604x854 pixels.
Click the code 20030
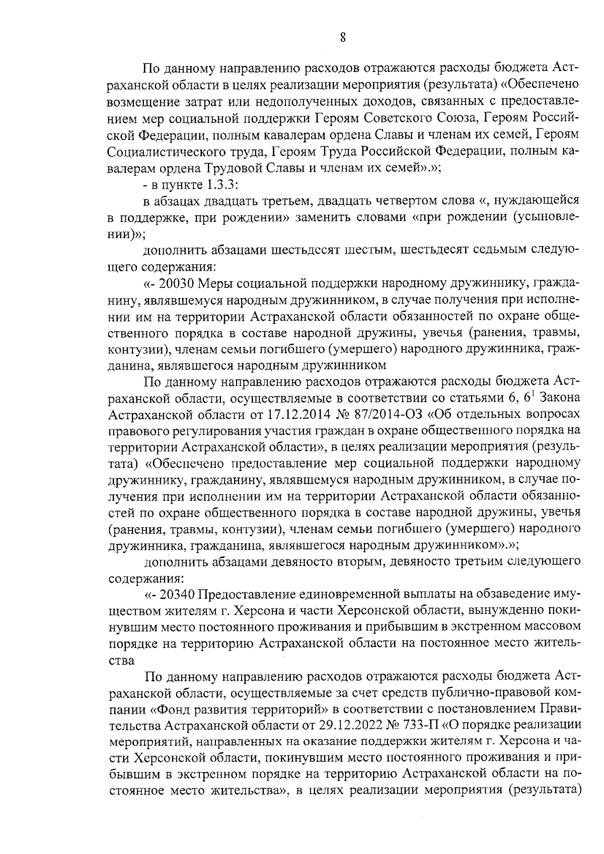pos(175,283)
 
